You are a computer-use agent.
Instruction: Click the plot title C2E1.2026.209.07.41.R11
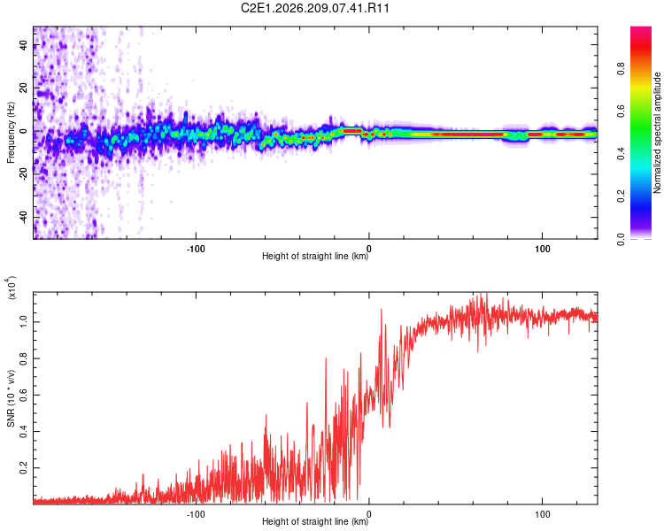[x=314, y=8]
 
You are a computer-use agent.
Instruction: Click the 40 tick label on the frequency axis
[x=23, y=45]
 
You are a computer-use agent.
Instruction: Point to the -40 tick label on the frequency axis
[x=23, y=216]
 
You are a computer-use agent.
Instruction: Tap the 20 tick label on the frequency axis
[x=23, y=88]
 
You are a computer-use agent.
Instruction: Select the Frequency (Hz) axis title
[x=11, y=133]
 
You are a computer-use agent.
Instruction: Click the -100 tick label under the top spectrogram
[x=196, y=249]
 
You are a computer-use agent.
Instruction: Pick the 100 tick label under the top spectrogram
[x=542, y=249]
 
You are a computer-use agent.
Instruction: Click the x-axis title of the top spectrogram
[x=315, y=256]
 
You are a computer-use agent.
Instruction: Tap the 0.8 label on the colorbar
[x=621, y=69]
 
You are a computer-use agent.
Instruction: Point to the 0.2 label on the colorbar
[x=621, y=196]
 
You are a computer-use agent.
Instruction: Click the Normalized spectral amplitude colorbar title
[x=657, y=133]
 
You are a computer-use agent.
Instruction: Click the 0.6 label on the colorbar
[x=621, y=112]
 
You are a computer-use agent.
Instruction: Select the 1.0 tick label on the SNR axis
[x=23, y=321]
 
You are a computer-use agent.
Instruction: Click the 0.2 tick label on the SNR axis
[x=23, y=467]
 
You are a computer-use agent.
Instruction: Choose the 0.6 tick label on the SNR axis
[x=23, y=395]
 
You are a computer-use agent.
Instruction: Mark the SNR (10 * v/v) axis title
[x=11, y=398]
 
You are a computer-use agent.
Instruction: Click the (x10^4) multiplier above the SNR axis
[x=12, y=288]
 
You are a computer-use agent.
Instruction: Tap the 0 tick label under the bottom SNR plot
[x=369, y=514]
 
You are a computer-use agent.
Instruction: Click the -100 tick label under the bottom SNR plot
[x=196, y=514]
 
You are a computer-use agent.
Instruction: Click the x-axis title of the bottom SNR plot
[x=315, y=521]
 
